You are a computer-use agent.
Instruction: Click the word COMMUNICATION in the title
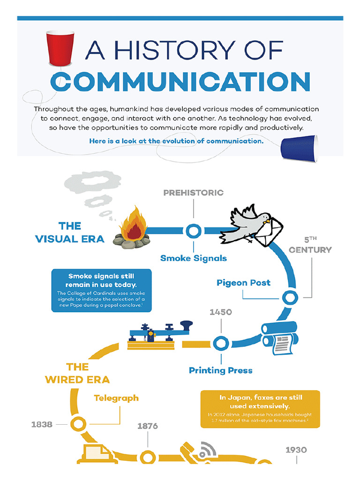(180, 82)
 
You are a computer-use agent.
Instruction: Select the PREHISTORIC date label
(194, 193)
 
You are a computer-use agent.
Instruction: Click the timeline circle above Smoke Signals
(193, 231)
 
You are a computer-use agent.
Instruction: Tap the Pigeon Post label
(243, 283)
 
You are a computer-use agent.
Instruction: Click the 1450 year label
(220, 312)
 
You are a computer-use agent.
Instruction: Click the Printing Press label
(220, 370)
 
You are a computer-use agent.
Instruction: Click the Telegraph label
(116, 398)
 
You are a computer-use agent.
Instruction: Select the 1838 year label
(42, 424)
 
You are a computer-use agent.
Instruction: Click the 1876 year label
(148, 426)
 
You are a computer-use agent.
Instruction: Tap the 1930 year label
(296, 450)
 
